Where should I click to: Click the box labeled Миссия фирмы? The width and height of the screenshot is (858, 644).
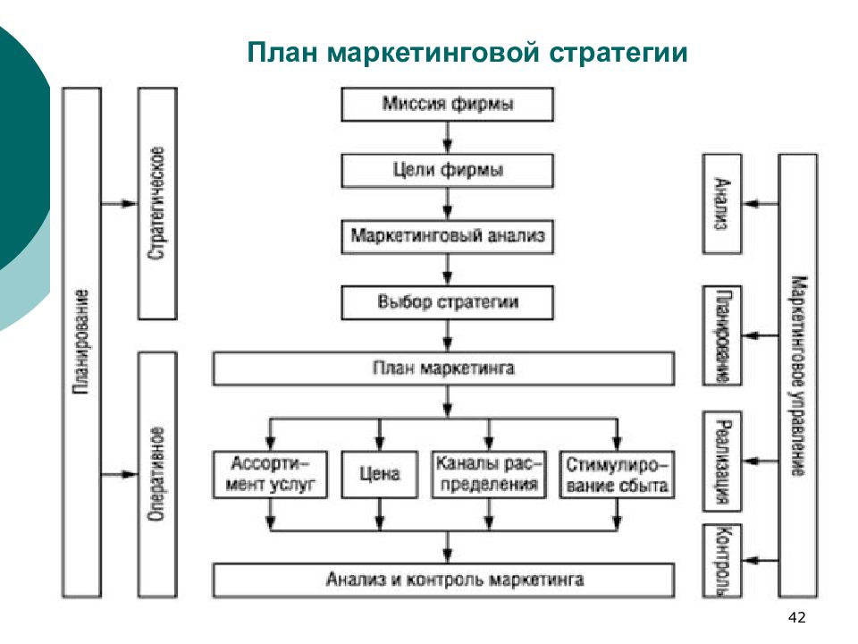click(447, 104)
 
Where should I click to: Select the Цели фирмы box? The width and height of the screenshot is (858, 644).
click(447, 170)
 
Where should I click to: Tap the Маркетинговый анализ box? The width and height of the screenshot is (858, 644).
click(447, 236)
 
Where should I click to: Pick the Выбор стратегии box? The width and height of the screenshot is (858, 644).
click(447, 302)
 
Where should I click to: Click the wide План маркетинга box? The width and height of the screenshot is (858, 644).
click(443, 369)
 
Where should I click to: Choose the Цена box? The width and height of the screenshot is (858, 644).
click(379, 474)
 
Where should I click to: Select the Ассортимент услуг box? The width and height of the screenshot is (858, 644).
click(270, 474)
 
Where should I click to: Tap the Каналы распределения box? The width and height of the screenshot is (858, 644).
click(489, 474)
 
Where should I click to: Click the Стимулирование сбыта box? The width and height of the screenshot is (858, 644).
click(617, 474)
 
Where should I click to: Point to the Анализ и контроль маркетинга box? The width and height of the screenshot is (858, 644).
click(443, 580)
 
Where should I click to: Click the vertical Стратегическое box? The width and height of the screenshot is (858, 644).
click(157, 204)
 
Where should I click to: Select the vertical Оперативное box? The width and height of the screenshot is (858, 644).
click(157, 474)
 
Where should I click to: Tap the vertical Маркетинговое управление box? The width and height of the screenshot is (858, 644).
click(797, 376)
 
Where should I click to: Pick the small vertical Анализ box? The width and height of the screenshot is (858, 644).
click(722, 204)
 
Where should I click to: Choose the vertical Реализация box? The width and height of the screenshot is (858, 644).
click(722, 462)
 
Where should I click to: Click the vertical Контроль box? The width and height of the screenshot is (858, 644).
click(722, 561)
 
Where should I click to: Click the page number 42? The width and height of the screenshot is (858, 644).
click(796, 618)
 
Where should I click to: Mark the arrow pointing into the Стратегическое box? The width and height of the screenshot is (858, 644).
click(119, 204)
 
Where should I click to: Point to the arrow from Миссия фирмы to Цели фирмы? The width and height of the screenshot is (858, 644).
click(448, 138)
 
